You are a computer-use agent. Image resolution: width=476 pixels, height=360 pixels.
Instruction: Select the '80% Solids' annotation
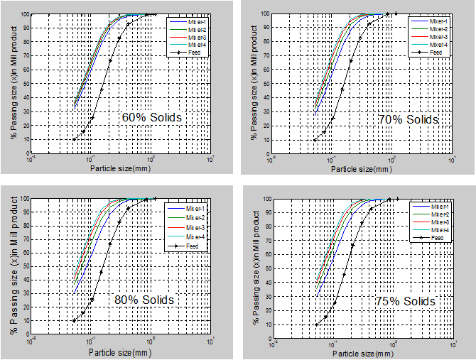(x=144, y=300)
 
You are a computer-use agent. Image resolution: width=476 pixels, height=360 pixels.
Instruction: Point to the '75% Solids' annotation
(x=405, y=301)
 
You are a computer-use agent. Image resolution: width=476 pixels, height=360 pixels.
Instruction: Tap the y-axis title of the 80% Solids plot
(x=15, y=270)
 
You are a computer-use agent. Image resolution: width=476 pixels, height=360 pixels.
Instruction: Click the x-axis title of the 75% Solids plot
(x=362, y=352)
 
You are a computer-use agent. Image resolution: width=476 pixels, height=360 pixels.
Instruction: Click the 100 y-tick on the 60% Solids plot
(x=24, y=14)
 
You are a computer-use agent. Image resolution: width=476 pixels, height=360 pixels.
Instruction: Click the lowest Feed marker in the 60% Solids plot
(x=74, y=139)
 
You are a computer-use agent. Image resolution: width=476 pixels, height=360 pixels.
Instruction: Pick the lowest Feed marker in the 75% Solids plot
(x=316, y=324)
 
